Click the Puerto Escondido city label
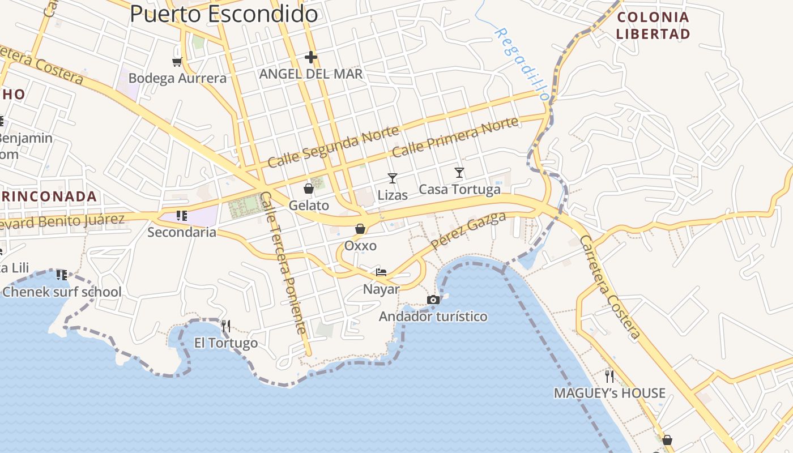point(224,14)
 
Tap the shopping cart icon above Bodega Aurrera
point(177,61)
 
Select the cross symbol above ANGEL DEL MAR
point(310,57)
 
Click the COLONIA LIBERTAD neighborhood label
point(653,25)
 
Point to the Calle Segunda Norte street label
point(333,147)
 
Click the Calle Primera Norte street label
point(455,138)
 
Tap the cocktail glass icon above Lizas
point(392,178)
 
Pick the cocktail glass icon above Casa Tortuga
point(459,172)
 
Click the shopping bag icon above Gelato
point(309,189)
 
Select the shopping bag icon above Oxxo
point(360,229)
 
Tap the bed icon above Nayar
point(381,272)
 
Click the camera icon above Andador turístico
point(433,300)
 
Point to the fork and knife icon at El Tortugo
point(225,326)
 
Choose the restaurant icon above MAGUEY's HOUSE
point(609,376)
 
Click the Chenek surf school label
point(62,292)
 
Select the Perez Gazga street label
point(468,230)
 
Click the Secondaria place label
point(182,232)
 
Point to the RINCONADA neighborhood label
point(49,196)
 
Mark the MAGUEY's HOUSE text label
point(609,393)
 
